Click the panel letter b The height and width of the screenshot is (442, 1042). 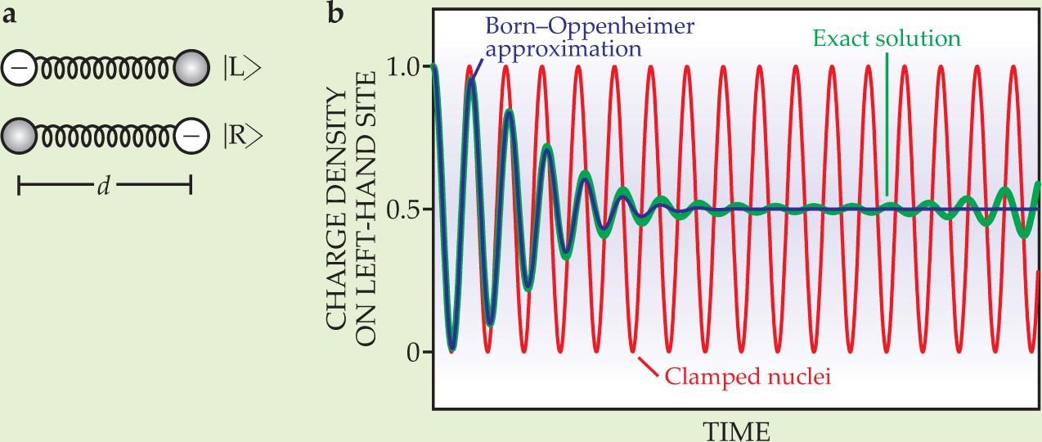click(x=335, y=14)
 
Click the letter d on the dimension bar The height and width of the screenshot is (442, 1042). click(x=104, y=187)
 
